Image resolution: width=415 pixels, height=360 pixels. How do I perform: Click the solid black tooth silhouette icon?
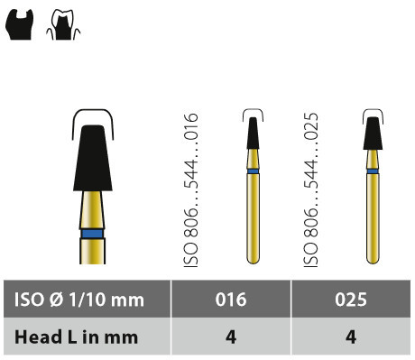[19, 24]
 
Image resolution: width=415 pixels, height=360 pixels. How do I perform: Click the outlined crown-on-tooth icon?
[63, 24]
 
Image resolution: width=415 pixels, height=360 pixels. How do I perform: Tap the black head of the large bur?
[93, 158]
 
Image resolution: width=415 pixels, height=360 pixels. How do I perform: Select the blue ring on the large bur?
[93, 234]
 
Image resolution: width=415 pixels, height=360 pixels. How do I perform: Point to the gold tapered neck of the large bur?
[92, 210]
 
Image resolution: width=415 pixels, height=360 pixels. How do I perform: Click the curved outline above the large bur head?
[93, 111]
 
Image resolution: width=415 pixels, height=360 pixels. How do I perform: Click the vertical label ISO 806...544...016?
[191, 190]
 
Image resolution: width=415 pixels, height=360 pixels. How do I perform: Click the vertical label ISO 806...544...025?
[311, 190]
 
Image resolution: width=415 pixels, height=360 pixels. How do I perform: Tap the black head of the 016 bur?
[253, 133]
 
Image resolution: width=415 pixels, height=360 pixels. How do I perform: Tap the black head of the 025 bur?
[373, 134]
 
